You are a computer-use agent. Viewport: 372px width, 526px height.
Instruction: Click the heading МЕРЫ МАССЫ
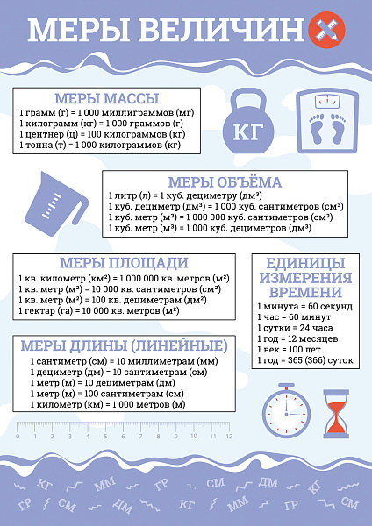[x=106, y=97]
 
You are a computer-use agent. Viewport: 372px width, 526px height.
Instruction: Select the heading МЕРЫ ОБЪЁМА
[x=224, y=182]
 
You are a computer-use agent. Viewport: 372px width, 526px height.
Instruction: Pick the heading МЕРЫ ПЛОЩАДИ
[x=123, y=263]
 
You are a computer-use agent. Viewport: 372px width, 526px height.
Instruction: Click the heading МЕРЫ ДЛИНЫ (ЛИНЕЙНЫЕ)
[x=123, y=345]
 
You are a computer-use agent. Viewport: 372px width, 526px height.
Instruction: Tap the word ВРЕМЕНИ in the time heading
[x=305, y=292]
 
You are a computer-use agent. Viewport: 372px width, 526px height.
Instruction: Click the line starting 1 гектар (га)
[x=98, y=311]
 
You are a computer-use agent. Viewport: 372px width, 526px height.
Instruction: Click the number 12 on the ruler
[x=228, y=436]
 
